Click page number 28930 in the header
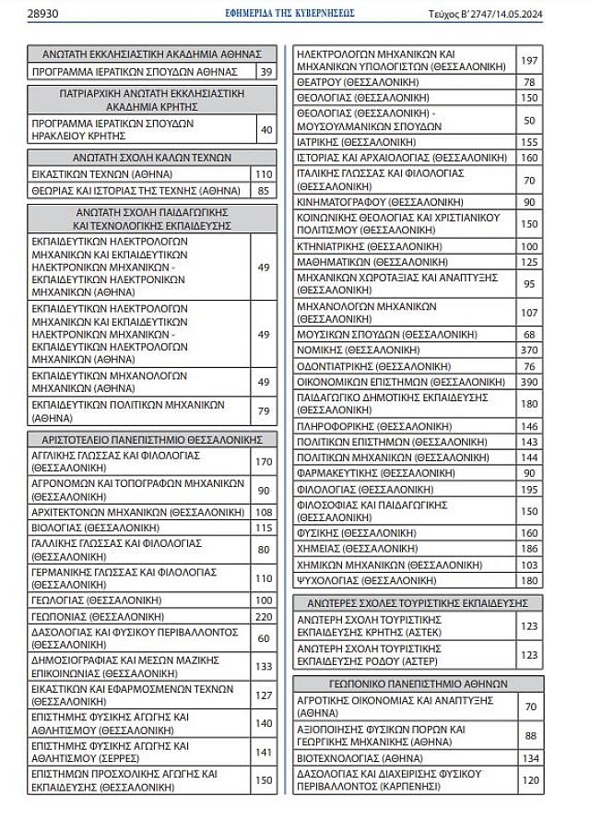[x=43, y=13]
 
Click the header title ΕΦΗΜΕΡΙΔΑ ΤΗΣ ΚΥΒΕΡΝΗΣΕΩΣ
[x=289, y=13]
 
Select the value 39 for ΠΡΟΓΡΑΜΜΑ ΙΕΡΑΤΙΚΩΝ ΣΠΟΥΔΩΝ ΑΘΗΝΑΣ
[x=265, y=71]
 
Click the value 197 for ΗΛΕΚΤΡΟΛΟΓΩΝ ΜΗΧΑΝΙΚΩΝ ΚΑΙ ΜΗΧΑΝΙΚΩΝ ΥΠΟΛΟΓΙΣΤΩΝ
[x=529, y=61]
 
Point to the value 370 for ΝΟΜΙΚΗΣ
[x=529, y=350]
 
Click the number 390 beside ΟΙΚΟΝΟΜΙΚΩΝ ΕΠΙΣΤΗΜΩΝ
[x=529, y=381]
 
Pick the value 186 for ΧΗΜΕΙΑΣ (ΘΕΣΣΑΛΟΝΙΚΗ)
[x=529, y=548]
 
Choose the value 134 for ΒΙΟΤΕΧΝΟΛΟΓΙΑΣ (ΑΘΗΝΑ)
[x=529, y=758]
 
